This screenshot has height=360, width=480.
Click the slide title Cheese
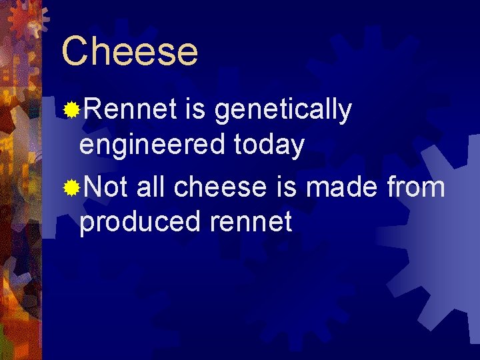tap(130, 51)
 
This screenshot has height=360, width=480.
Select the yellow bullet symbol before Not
tap(71, 189)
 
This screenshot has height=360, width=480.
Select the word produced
tap(139, 222)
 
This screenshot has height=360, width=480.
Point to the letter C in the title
tap(75, 51)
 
